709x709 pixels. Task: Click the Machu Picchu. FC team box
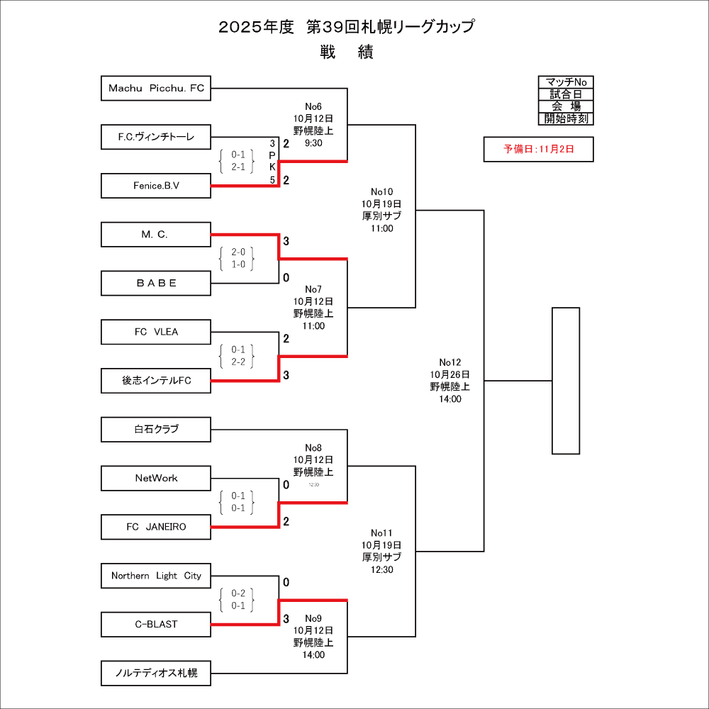click(156, 88)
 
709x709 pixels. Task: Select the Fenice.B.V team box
click(156, 186)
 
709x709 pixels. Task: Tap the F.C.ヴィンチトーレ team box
click(156, 137)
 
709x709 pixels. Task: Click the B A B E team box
click(156, 283)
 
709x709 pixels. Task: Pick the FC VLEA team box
click(156, 332)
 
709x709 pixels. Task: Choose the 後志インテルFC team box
click(156, 381)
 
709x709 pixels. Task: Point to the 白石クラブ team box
click(156, 429)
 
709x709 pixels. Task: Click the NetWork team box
click(156, 478)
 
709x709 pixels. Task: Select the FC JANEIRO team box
click(156, 527)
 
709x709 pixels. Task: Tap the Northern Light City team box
click(156, 576)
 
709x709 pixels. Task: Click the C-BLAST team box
click(156, 624)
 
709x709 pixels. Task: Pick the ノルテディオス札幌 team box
click(156, 673)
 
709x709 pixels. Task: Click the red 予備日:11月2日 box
click(538, 149)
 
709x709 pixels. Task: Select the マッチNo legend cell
click(566, 82)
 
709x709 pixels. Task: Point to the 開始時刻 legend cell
click(566, 118)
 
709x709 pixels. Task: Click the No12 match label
click(450, 362)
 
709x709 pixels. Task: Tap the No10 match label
click(381, 191)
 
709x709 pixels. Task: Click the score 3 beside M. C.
click(286, 242)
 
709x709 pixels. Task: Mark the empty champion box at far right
click(566, 380)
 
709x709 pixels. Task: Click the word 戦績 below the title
click(346, 52)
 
